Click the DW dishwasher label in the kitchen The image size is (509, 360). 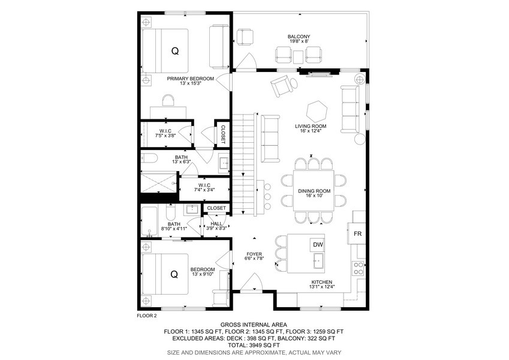pos(318,245)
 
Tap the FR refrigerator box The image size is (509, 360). pos(357,233)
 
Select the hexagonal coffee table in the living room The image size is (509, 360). pos(317,111)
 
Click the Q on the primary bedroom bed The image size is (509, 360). pos(175,51)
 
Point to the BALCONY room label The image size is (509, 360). pos(299,37)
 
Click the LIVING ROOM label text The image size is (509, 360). pos(311,126)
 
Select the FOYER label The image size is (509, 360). pos(254,254)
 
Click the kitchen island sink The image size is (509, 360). pos(318,262)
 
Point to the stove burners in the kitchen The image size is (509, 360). pos(359,269)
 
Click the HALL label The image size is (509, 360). pos(216,224)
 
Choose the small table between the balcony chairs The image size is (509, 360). pos(299,57)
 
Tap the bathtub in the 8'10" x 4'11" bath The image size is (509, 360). pos(149,221)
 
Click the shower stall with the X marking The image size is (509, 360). pos(158,183)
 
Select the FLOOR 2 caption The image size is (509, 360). pos(147,316)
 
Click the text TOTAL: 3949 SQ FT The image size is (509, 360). pos(254,345)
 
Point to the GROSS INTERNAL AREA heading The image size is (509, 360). pos(254,325)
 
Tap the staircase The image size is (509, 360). pos(243,164)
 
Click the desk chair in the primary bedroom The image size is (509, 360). pos(168,100)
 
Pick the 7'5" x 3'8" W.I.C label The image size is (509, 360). pos(165,133)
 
